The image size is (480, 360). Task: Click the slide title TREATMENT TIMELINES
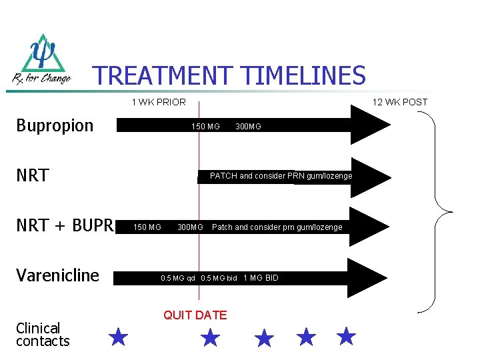tap(229, 75)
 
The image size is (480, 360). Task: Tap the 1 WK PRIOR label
tap(159, 102)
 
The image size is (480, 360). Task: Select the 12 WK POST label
tap(400, 102)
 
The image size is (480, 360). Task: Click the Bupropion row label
tap(55, 126)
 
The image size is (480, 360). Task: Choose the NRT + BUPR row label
tap(65, 226)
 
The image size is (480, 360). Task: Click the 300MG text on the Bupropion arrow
tap(249, 127)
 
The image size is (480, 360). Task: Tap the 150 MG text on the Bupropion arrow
tap(205, 127)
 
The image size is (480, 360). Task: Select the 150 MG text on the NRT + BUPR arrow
tap(147, 227)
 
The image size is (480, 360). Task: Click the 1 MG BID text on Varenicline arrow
tap(261, 278)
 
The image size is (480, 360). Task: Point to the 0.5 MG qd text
tap(178, 278)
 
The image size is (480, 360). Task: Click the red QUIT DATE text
tap(195, 315)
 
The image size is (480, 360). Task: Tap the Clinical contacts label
tap(43, 335)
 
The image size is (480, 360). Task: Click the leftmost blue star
tap(118, 337)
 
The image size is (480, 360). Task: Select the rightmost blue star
tap(346, 336)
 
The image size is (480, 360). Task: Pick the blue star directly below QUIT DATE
tap(210, 338)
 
